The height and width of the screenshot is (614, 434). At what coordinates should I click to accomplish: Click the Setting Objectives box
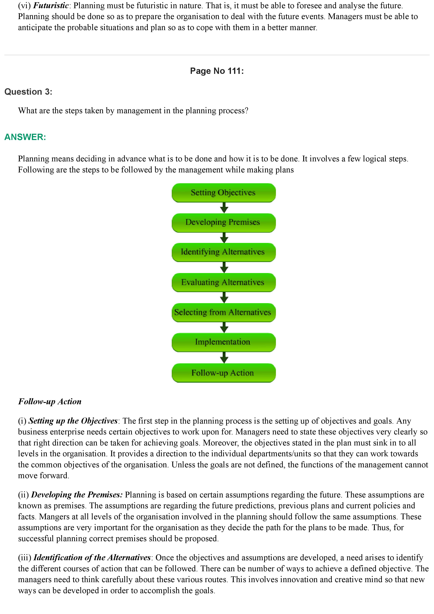[x=224, y=193]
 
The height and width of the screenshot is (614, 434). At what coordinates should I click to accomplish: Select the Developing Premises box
[x=224, y=222]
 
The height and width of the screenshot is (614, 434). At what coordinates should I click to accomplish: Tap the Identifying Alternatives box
[x=224, y=252]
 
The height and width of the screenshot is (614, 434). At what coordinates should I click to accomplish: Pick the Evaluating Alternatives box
[x=224, y=282]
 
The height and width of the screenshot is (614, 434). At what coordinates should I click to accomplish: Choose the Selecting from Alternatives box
[x=224, y=312]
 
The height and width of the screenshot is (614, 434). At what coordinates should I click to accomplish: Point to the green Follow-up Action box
[x=224, y=373]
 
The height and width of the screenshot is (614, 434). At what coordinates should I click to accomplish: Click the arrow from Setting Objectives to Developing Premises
[x=224, y=208]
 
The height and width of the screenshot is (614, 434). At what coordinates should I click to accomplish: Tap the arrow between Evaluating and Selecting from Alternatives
[x=224, y=297]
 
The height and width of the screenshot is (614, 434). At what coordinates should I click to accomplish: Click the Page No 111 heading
[x=217, y=71]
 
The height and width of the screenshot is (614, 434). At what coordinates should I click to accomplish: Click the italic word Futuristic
[x=51, y=6]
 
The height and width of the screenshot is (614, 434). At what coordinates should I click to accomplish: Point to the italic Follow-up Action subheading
[x=50, y=402]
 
